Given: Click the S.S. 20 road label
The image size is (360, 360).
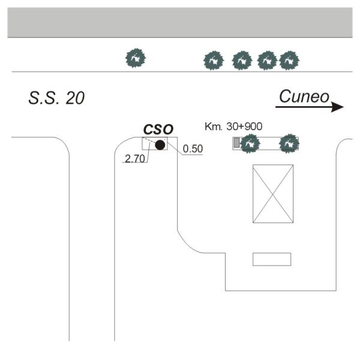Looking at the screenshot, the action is pos(56,98).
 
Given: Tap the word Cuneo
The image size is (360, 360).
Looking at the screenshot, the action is pos(304,97).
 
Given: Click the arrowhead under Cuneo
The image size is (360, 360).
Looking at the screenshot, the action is pos(338,107).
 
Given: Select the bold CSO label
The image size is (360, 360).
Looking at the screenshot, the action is pos(158,129).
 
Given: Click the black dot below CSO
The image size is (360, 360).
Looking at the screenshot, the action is pos(160,145).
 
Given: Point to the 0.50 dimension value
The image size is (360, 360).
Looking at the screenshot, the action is pos(193,149).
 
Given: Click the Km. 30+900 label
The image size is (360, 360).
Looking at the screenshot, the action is pos(233,127).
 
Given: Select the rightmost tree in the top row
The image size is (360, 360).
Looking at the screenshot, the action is pos(290,59).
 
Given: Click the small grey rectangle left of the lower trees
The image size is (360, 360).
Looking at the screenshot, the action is pos(236,143).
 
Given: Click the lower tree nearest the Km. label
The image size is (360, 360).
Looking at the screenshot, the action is pos(249,143).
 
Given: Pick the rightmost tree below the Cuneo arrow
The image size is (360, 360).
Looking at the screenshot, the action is pos(289,143).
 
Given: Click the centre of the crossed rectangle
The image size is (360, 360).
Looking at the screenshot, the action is pos(273,193).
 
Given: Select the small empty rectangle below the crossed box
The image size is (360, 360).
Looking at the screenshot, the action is pos(271,259).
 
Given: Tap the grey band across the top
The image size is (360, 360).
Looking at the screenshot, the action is pos(180,23).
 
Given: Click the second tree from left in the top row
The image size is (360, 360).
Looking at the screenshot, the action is pos(214,59).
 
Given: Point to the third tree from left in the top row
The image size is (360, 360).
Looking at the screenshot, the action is pos(241,59).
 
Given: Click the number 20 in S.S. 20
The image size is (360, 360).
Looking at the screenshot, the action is pos(75,98).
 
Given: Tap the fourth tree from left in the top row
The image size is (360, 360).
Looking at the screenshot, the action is pos(266,59).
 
